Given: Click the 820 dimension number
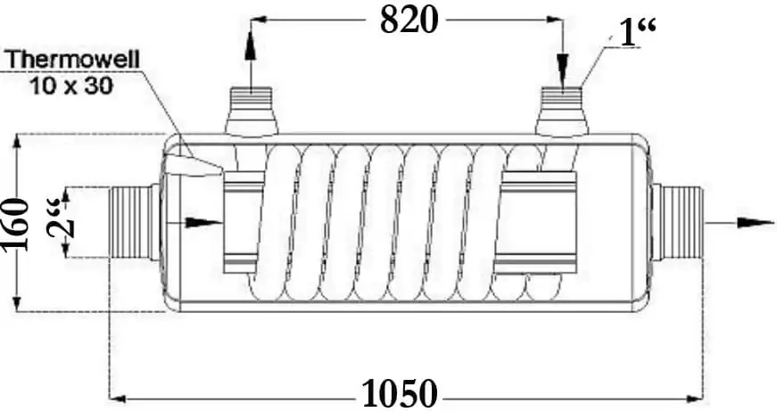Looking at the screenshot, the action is pos(409,21).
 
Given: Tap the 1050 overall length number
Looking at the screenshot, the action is pos(401,394).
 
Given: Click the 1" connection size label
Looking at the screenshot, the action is pos(638,32).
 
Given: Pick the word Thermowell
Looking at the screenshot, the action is pos(73,60).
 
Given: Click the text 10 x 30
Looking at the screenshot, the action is pos(71,86).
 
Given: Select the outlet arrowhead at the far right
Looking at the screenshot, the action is pos(756,223).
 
